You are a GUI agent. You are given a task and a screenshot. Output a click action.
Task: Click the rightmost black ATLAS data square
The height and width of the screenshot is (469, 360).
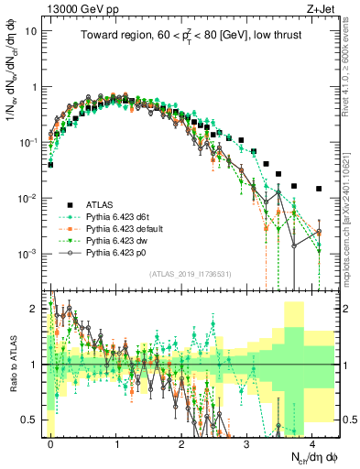[x=318, y=189]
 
